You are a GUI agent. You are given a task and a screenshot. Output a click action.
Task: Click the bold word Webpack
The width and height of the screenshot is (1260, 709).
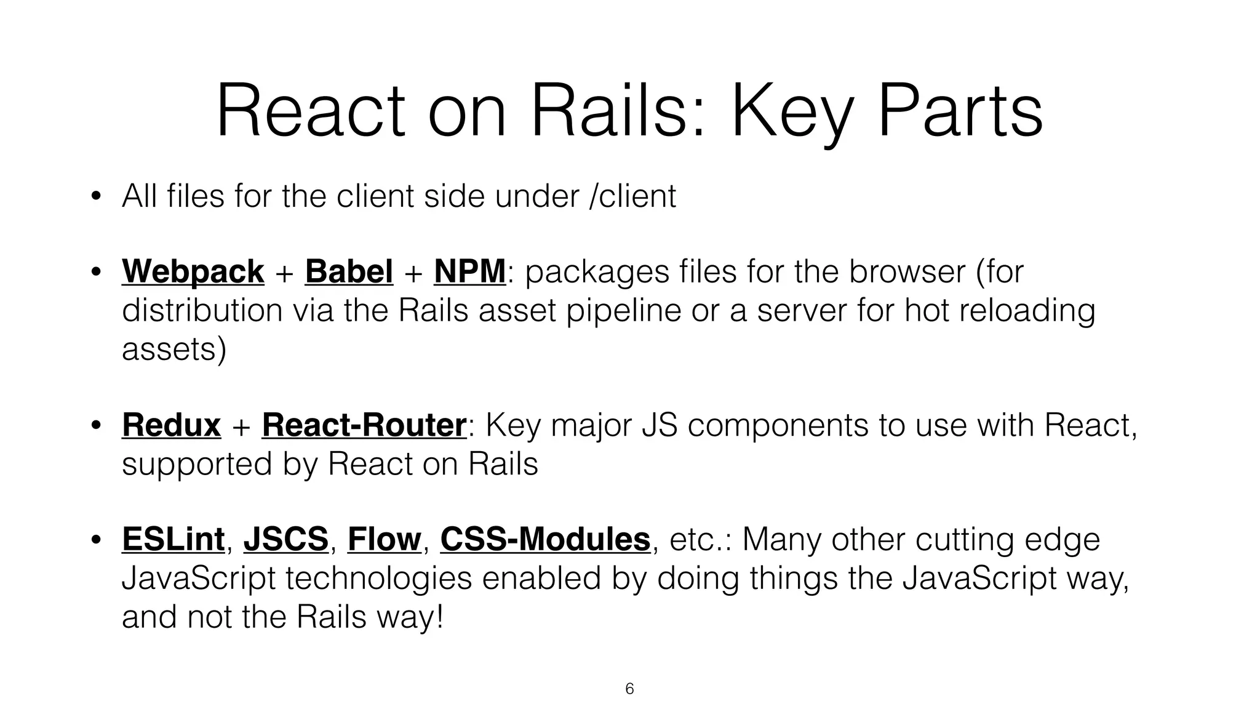pyautogui.click(x=193, y=271)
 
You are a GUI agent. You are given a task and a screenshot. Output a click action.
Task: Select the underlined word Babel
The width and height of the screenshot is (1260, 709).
pyautogui.click(x=349, y=271)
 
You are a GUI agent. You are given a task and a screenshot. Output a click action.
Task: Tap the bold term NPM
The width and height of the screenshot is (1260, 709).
pyautogui.click(x=469, y=271)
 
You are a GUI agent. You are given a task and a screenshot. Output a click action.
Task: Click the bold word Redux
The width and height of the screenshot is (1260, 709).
pyautogui.click(x=171, y=425)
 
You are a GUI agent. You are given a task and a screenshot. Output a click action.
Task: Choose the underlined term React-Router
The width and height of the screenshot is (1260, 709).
pyautogui.click(x=364, y=425)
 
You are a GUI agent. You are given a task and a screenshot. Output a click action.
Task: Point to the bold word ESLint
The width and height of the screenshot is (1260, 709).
pyautogui.click(x=173, y=539)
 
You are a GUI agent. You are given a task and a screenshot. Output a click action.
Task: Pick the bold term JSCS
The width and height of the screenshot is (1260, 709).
pyautogui.click(x=285, y=539)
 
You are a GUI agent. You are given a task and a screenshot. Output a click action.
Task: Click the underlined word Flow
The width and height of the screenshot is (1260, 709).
pyautogui.click(x=384, y=539)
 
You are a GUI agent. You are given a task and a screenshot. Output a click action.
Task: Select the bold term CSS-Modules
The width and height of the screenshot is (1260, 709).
pyautogui.click(x=545, y=539)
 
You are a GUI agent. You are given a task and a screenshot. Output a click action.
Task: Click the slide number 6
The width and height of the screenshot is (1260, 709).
pyautogui.click(x=629, y=689)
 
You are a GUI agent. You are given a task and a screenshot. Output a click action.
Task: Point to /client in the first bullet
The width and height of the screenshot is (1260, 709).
pyautogui.click(x=632, y=196)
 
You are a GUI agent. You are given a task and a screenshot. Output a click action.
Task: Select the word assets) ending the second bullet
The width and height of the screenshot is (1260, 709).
pyautogui.click(x=174, y=350)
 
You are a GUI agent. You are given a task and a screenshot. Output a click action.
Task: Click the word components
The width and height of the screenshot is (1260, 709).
pyautogui.click(x=777, y=425)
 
